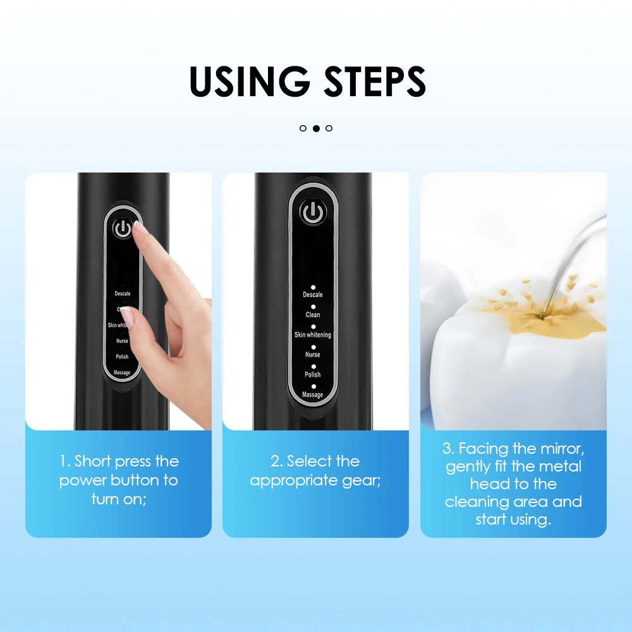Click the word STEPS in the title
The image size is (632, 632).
(x=375, y=81)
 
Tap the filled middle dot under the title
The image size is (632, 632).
(x=316, y=128)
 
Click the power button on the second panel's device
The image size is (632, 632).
(x=312, y=214)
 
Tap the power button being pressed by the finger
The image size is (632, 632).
(x=123, y=229)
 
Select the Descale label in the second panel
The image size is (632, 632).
(x=312, y=295)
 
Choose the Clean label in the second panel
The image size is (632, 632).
(x=312, y=315)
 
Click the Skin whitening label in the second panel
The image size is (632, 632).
(x=312, y=334)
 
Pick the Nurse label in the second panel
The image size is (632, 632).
(x=312, y=355)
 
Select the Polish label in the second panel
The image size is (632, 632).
(x=312, y=375)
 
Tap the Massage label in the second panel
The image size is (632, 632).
(x=312, y=395)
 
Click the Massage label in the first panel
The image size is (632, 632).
(x=122, y=373)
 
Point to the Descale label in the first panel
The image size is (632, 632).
(x=122, y=294)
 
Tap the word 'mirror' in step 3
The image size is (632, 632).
(x=556, y=449)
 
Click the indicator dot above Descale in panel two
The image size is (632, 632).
(x=313, y=287)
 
